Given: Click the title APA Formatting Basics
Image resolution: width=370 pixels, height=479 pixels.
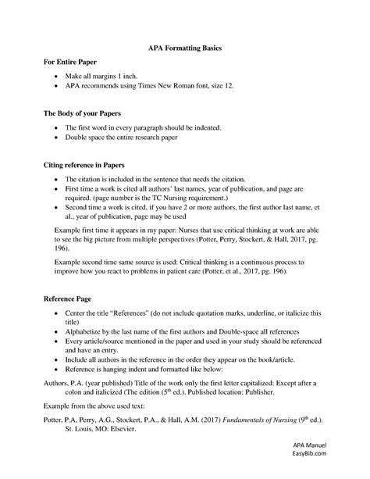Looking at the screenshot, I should point(185,48).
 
